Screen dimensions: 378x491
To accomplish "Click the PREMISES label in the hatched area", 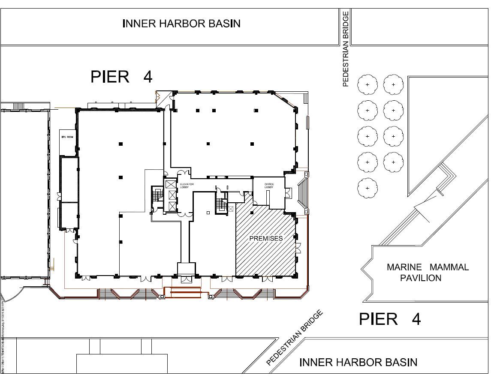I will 266,238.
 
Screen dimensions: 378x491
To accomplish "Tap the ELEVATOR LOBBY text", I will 187,186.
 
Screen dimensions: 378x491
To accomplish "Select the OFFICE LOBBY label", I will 269,186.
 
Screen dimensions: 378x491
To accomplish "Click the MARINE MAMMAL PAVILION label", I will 427,273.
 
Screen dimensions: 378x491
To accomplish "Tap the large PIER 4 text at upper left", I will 121,77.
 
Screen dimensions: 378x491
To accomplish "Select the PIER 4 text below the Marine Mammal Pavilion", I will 389,319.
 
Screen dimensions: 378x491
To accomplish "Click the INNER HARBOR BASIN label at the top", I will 181,24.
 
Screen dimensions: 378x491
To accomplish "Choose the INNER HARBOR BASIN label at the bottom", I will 358,363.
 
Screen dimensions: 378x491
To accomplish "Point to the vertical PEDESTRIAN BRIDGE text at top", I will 346,48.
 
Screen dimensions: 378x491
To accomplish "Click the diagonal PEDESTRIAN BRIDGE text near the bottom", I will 294,339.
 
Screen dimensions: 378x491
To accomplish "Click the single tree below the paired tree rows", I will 367,188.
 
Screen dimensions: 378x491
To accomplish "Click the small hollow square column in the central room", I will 208,213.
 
